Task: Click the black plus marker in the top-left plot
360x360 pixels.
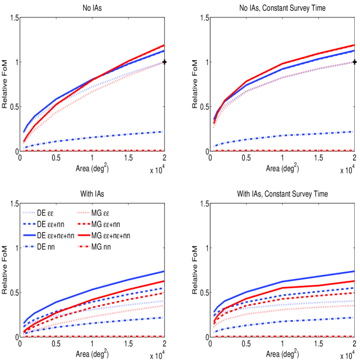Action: pos(165,62)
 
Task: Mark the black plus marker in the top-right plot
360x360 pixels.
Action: pos(355,62)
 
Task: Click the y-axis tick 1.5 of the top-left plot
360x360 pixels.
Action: pos(12,18)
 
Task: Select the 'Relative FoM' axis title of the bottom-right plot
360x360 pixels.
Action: pos(193,270)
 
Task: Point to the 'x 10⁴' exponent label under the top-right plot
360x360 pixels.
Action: pos(346,170)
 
